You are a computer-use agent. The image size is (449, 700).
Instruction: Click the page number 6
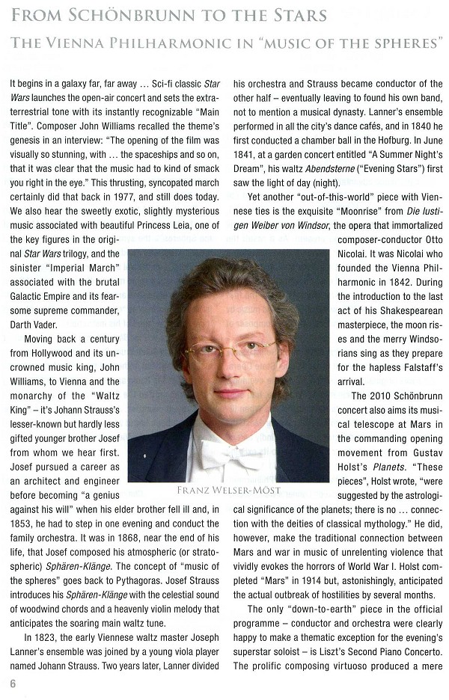(13, 683)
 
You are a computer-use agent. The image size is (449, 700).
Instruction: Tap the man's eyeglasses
(230, 350)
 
